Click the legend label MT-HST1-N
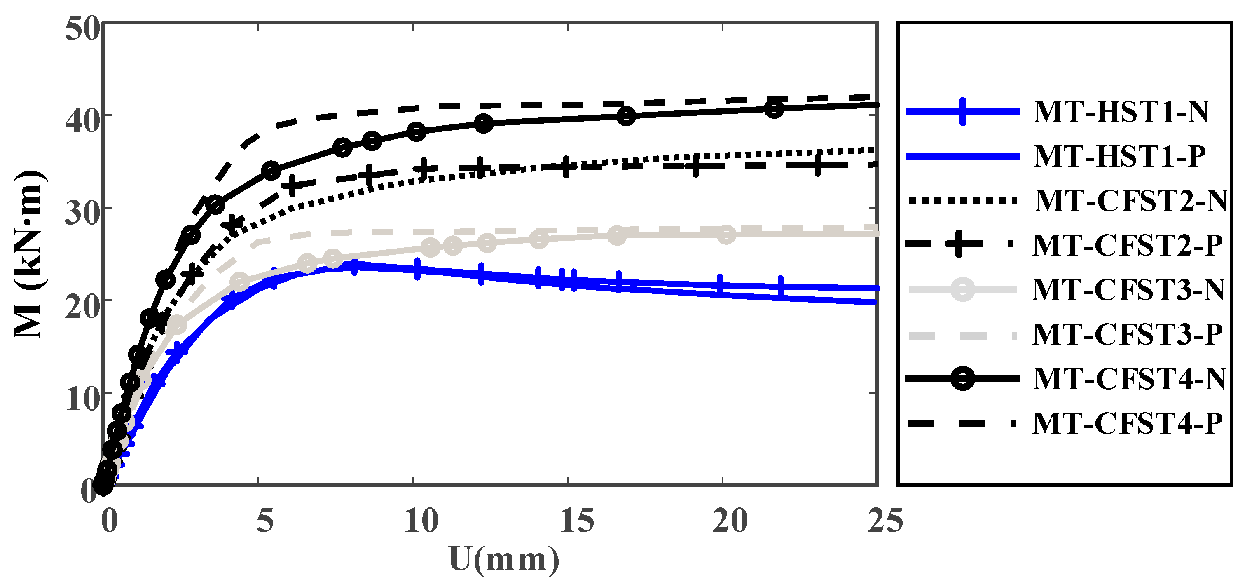(1121, 112)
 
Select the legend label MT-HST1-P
(1120, 156)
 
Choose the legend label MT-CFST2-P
(1128, 245)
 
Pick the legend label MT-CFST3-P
(1128, 334)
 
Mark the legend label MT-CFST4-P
(1128, 423)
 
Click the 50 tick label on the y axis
(82, 29)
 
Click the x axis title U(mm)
(504, 559)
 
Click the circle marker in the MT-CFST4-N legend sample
(962, 379)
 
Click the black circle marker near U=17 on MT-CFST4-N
(627, 116)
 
